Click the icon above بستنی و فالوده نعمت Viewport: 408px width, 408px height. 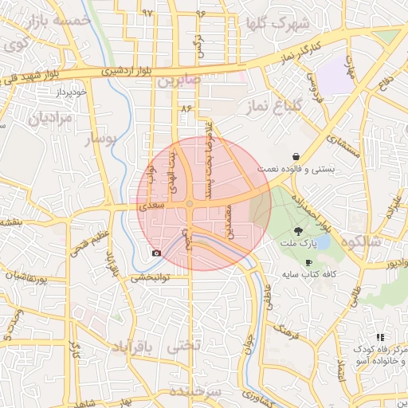click(296, 157)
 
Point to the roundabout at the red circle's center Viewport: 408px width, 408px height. click(190, 205)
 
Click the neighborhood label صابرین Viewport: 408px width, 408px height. click(175, 81)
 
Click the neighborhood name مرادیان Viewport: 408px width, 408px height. click(51, 119)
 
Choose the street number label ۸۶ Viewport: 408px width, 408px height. click(187, 108)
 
